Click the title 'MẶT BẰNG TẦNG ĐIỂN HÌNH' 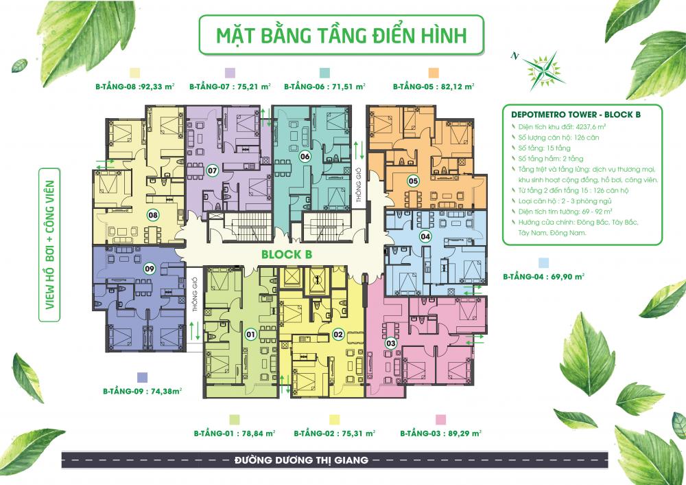[x=341, y=36]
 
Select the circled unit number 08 [x=152, y=214]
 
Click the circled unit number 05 [x=413, y=181]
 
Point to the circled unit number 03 [x=391, y=343]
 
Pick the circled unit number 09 [x=149, y=269]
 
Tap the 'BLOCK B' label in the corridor [x=287, y=255]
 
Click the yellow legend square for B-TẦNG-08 [x=135, y=73]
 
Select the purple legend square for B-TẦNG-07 [x=230, y=73]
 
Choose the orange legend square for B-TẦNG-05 [x=434, y=73]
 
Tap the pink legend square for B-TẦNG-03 [x=440, y=418]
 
